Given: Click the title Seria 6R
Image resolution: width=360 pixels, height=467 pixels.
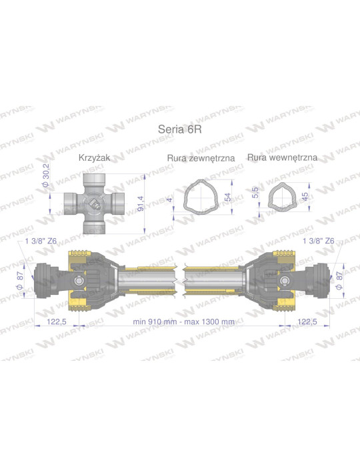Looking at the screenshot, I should pyautogui.click(x=180, y=129).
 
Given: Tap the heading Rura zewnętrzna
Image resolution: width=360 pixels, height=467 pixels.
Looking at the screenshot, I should pyautogui.click(x=199, y=158).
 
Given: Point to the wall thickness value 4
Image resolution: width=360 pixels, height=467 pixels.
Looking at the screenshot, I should pyautogui.click(x=170, y=198).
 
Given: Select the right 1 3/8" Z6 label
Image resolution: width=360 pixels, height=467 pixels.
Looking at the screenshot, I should pyautogui.click(x=318, y=240).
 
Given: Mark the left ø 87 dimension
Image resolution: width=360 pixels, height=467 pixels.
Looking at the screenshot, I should pyautogui.click(x=21, y=279).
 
